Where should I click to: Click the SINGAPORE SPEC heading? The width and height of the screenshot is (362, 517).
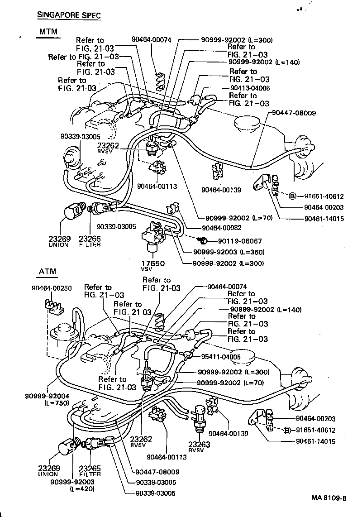point(68,15)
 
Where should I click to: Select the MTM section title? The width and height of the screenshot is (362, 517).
point(48,32)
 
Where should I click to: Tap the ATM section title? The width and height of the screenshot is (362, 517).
point(47,272)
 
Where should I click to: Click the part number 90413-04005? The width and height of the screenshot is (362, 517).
point(250,88)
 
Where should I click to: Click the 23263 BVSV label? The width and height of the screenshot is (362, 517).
point(200,448)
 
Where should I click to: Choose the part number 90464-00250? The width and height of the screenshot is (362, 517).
point(52,288)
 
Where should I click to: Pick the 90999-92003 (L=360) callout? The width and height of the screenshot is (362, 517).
point(229,252)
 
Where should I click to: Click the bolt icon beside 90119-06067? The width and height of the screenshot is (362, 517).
point(203,239)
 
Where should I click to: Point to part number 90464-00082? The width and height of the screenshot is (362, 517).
point(223,229)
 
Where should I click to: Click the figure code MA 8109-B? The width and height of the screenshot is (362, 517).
point(329,498)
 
